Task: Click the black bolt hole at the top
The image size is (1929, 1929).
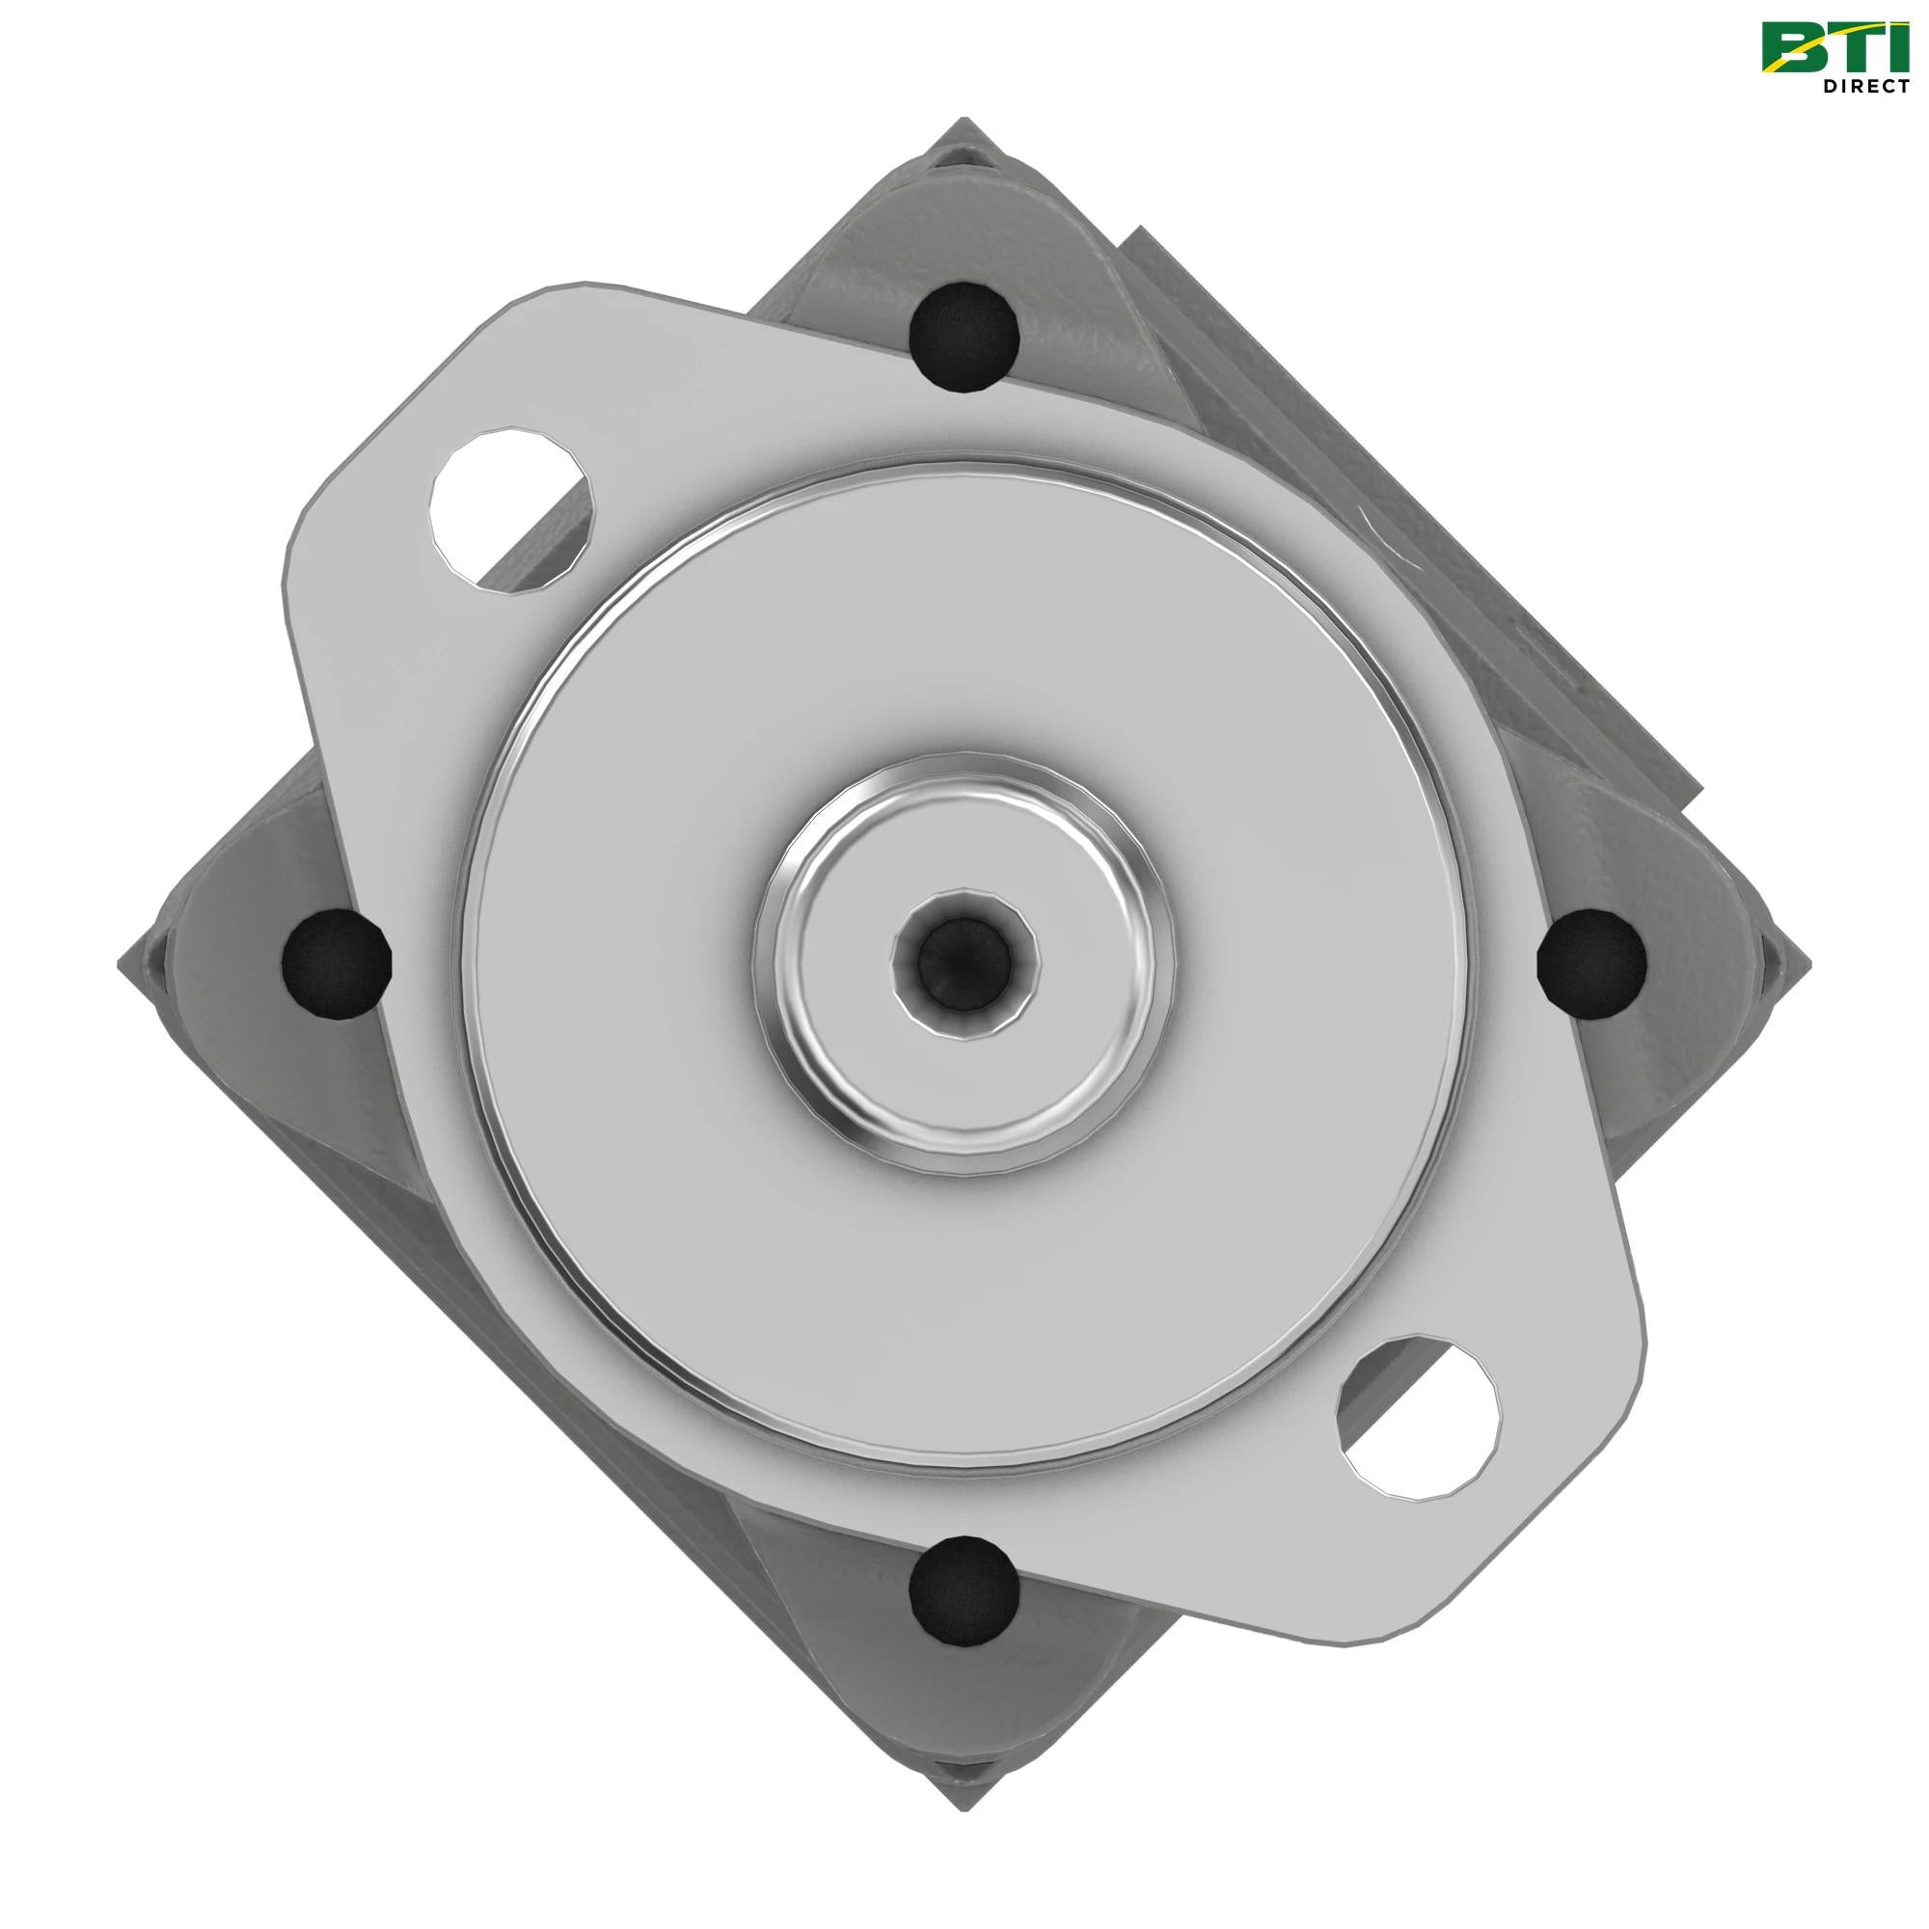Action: (964, 337)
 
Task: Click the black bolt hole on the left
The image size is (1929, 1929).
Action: (337, 964)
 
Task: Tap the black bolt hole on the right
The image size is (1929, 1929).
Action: (1590, 964)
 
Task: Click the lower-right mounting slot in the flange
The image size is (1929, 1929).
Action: (1421, 1418)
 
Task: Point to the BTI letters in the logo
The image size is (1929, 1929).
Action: (1832, 47)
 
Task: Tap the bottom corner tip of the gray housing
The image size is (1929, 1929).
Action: (964, 1806)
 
